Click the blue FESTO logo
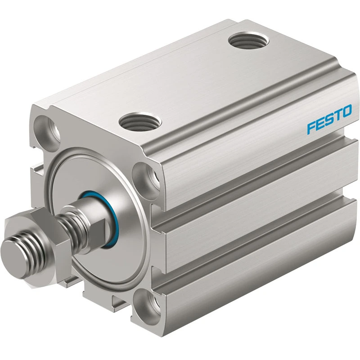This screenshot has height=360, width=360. (x=329, y=119)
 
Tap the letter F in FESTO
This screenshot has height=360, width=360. (x=311, y=128)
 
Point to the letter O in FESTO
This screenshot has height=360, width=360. (x=346, y=111)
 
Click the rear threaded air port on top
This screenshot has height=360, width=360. (x=249, y=42)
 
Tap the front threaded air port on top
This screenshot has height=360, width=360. (x=140, y=121)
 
